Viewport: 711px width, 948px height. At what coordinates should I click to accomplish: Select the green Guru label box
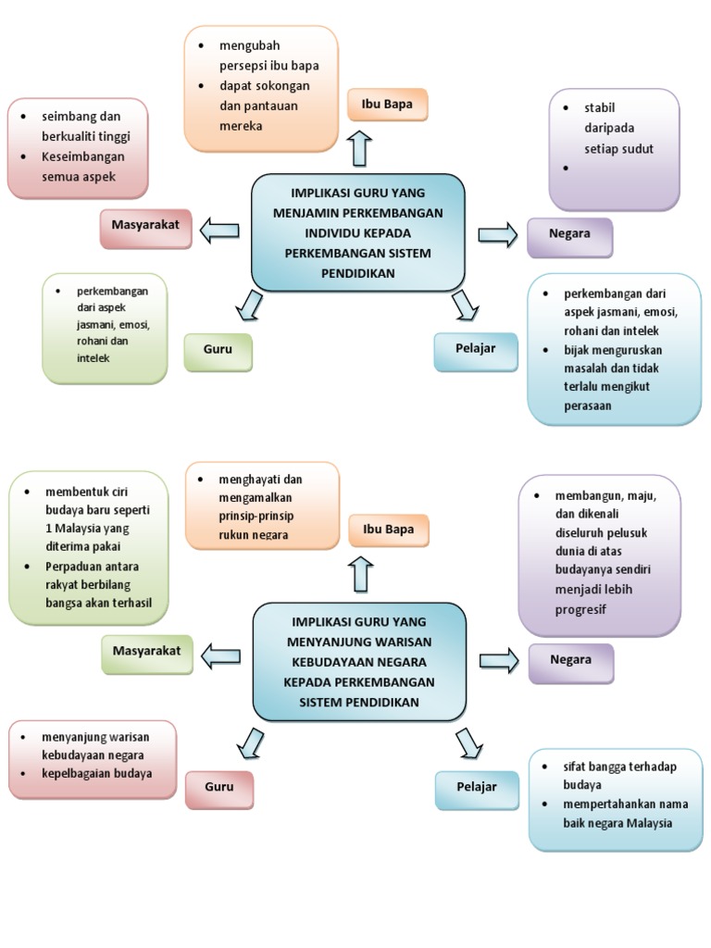pyautogui.click(x=218, y=351)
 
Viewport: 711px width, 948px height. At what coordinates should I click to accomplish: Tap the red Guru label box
pyautogui.click(x=218, y=789)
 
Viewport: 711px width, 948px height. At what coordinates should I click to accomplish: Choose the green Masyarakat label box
pyautogui.click(x=146, y=653)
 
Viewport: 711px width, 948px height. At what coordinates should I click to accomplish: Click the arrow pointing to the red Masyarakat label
pyautogui.click(x=219, y=231)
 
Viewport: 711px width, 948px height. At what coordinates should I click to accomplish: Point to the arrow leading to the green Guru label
pyautogui.click(x=249, y=305)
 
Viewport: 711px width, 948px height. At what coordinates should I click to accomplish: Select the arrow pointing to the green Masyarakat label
pyautogui.click(x=220, y=656)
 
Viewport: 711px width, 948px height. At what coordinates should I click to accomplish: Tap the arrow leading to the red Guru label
pyautogui.click(x=250, y=742)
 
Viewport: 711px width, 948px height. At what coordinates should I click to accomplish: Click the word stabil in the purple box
pyautogui.click(x=600, y=108)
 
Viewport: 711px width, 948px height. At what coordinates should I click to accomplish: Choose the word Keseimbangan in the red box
pyautogui.click(x=82, y=156)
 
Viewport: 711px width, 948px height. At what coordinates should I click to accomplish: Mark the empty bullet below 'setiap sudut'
pyautogui.click(x=567, y=168)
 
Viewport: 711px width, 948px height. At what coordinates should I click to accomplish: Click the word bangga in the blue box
pyautogui.click(x=600, y=767)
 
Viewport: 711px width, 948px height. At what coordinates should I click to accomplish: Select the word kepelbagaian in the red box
pyautogui.click(x=79, y=774)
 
